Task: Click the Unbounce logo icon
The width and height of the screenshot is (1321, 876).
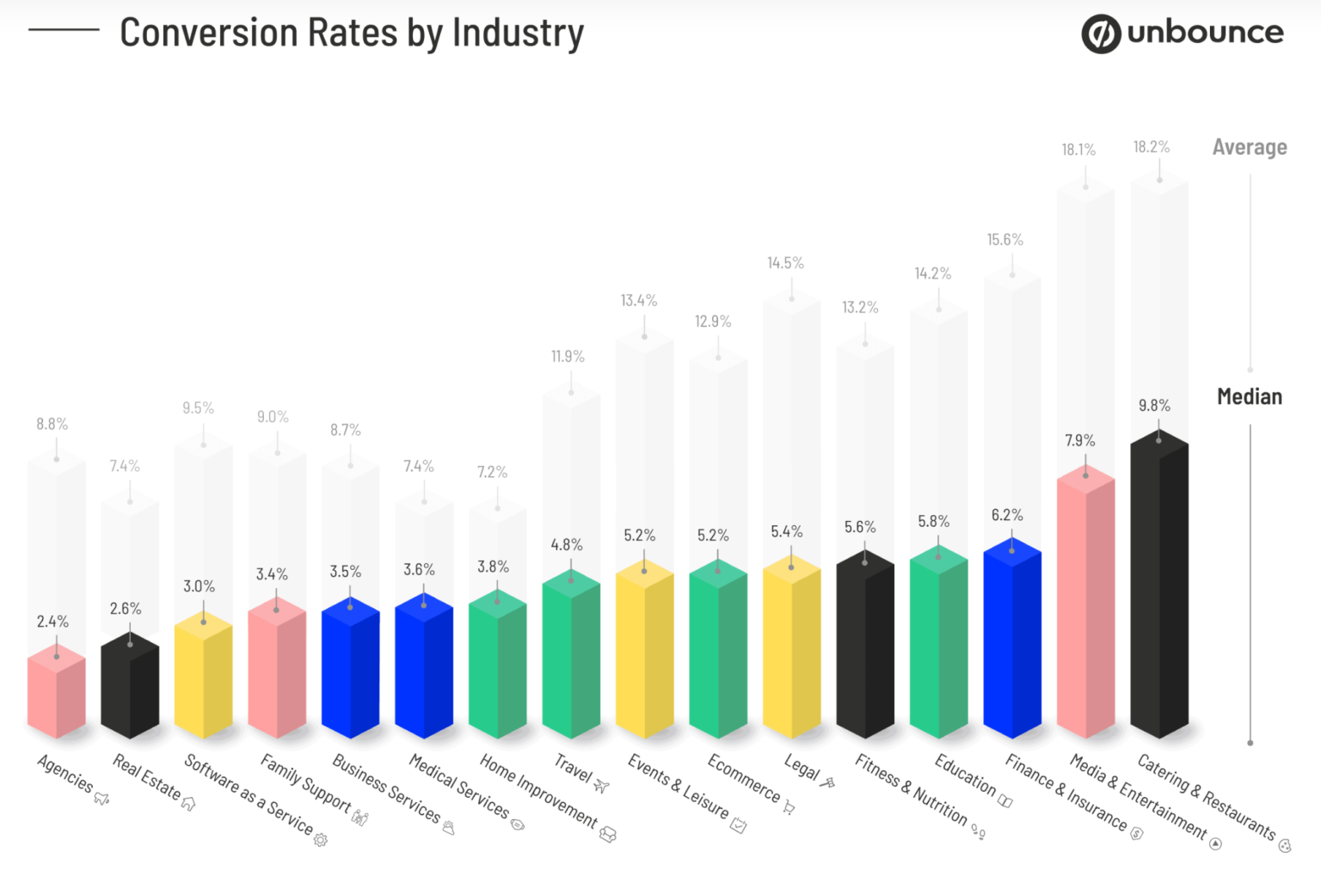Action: click(x=1101, y=34)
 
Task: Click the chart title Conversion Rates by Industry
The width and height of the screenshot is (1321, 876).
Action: click(x=351, y=34)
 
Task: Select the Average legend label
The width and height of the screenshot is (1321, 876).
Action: click(x=1249, y=147)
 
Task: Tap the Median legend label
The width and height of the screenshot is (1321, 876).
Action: click(x=1249, y=396)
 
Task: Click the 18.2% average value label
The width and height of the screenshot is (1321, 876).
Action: click(x=1151, y=147)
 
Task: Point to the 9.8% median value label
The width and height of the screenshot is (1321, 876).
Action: click(x=1154, y=405)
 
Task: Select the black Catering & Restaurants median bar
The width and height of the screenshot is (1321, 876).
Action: click(x=1158, y=593)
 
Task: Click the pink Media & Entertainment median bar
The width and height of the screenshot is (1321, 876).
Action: click(x=1085, y=610)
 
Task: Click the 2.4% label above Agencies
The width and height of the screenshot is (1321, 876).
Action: click(x=52, y=621)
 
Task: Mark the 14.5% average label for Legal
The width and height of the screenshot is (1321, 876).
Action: click(x=785, y=263)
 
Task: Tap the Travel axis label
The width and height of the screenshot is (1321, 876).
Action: click(x=574, y=768)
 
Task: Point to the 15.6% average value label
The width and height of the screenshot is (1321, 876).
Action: click(x=1005, y=240)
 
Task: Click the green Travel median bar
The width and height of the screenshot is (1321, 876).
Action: click(x=571, y=658)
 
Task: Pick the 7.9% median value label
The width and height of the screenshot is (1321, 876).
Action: click(x=1079, y=440)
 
